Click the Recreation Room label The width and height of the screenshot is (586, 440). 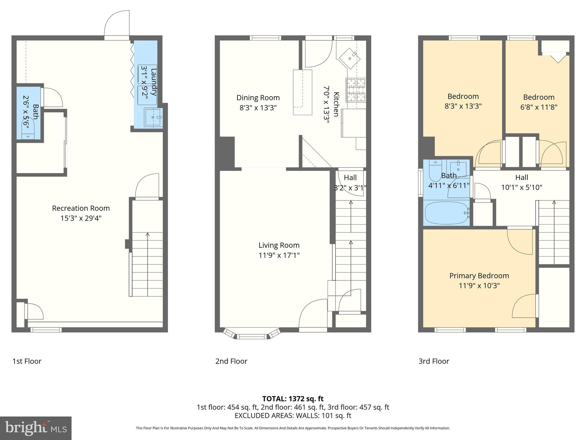point(81,208)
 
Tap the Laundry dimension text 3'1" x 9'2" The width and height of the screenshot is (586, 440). point(145,82)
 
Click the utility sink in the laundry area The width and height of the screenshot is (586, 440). point(153,117)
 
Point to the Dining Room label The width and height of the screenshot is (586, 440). point(258,98)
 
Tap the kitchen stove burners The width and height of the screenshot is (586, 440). point(356,90)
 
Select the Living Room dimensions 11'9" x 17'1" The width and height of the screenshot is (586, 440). point(279,255)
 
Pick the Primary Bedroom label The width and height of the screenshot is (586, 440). point(479,276)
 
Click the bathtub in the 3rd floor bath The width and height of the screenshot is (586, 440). point(447,213)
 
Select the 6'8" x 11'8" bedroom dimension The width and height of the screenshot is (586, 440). point(539,107)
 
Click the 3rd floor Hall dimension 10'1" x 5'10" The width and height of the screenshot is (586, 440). point(521,187)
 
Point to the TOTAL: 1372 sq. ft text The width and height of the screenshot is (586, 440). point(293,399)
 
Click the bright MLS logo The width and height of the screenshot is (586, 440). point(35,428)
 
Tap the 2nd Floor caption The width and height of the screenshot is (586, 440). point(231,361)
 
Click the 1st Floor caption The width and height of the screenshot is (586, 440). point(27,361)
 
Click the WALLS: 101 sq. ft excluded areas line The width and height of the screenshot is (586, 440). point(293,415)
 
